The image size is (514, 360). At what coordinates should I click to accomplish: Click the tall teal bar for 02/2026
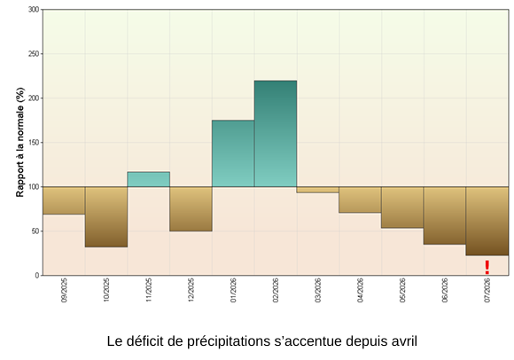(x=276, y=134)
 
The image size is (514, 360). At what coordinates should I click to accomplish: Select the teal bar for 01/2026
(x=233, y=153)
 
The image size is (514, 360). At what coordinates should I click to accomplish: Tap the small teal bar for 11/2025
(x=149, y=179)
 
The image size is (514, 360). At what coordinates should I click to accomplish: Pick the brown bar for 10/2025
(x=106, y=216)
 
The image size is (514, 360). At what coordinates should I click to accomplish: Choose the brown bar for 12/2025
(x=191, y=209)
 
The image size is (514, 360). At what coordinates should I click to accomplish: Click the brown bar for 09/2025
(x=64, y=200)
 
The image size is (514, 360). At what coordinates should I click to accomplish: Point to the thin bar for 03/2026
(x=317, y=190)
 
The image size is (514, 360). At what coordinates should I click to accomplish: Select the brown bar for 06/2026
(x=445, y=215)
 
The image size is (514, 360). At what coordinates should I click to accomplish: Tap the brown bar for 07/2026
(x=487, y=221)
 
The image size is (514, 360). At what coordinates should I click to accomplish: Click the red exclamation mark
(x=487, y=267)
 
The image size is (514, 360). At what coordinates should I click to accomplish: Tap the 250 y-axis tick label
(x=34, y=54)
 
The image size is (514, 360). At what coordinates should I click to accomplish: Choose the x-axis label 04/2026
(x=360, y=290)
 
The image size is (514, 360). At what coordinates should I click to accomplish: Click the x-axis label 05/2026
(x=402, y=290)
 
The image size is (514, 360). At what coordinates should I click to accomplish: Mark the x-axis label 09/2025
(x=64, y=290)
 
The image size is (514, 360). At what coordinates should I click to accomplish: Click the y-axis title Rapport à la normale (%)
(x=20, y=142)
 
